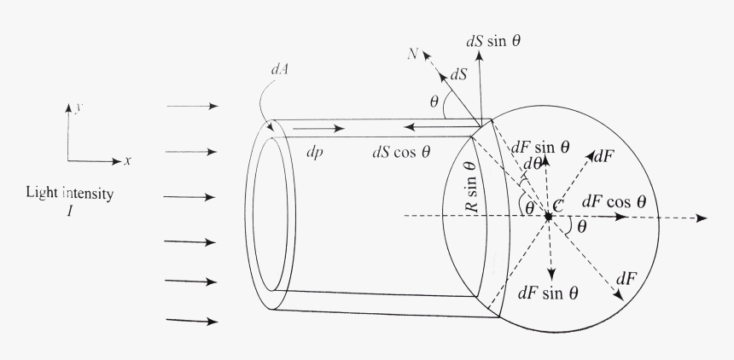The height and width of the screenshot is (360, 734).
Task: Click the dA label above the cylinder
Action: tap(279, 69)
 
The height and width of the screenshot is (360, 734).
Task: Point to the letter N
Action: tap(412, 55)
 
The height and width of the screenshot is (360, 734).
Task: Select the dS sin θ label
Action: tap(493, 41)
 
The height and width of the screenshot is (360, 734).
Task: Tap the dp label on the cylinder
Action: tap(315, 153)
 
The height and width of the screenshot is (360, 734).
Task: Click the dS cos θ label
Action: tap(401, 152)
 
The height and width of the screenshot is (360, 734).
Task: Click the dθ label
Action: tap(532, 164)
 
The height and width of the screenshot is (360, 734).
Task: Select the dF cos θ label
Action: tap(615, 202)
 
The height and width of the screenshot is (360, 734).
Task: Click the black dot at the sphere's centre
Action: tap(548, 217)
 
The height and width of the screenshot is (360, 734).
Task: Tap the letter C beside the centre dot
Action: tap(557, 205)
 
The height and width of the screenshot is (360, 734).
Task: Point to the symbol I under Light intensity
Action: tap(70, 211)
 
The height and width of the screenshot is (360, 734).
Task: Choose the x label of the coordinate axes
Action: tap(128, 161)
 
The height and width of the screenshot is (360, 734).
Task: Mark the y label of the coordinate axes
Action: tap(79, 107)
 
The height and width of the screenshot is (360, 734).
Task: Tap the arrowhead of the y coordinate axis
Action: tap(68, 107)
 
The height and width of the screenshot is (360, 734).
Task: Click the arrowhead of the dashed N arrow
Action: tap(427, 55)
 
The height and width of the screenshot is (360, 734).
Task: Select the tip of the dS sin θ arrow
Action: tap(479, 51)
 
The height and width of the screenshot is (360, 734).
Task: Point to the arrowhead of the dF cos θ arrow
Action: tap(621, 217)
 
